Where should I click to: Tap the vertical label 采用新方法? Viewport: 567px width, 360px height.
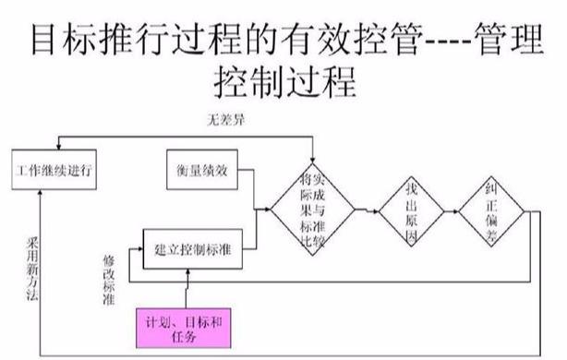(x=34, y=270)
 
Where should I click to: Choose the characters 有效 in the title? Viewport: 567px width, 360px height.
(x=304, y=38)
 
